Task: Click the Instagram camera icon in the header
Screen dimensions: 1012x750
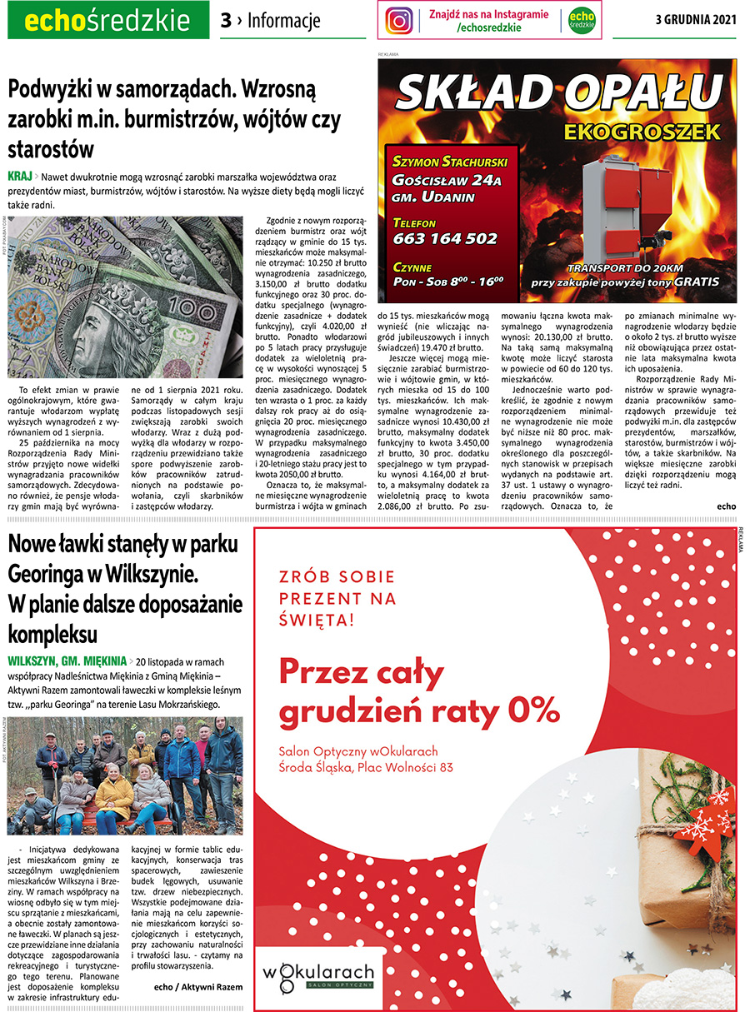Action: pos(399,21)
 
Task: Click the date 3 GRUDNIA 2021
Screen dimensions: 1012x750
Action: pos(696,21)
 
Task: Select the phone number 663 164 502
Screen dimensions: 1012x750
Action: pos(445,238)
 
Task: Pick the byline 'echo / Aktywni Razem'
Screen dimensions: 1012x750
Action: pos(198,986)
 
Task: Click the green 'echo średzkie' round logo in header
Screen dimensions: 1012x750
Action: pos(581,21)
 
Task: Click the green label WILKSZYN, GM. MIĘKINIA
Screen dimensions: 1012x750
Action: pos(66,661)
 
